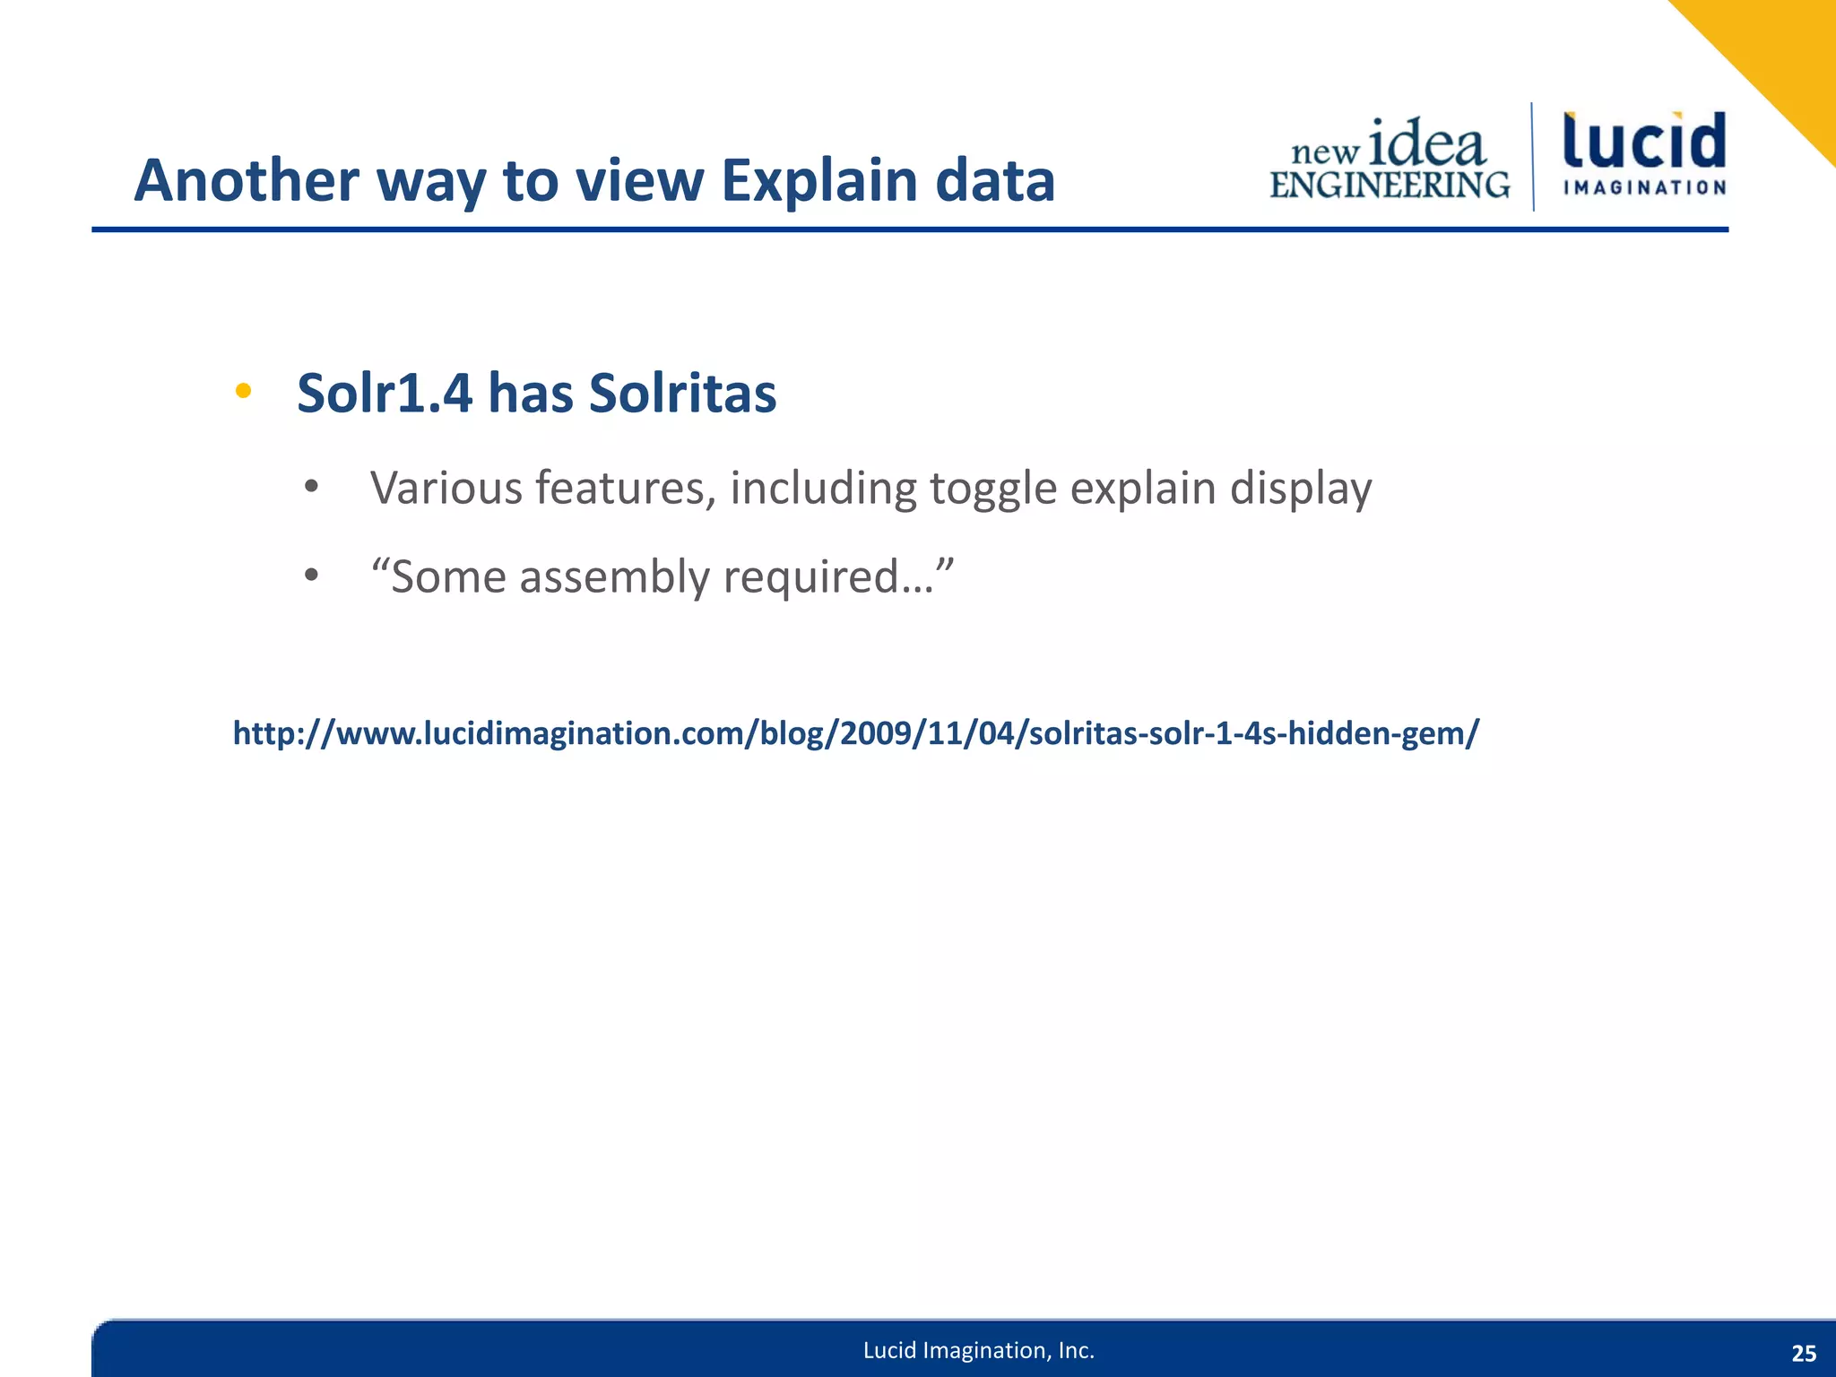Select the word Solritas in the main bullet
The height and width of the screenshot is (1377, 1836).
coord(682,394)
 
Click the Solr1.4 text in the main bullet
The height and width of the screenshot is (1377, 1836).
coord(384,394)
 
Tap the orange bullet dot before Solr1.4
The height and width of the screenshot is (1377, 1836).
coord(243,391)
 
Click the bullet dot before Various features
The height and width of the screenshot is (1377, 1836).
coord(311,488)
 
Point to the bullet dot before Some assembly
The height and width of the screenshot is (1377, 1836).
coord(311,576)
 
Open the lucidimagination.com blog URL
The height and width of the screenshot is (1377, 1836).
coord(855,733)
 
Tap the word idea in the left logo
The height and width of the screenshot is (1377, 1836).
coord(1427,143)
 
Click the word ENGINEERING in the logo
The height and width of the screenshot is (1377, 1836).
coord(1390,185)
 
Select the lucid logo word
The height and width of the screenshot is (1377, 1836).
coord(1644,141)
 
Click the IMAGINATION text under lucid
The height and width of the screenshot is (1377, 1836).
coord(1644,187)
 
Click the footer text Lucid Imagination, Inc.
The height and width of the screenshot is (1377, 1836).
coord(978,1350)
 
